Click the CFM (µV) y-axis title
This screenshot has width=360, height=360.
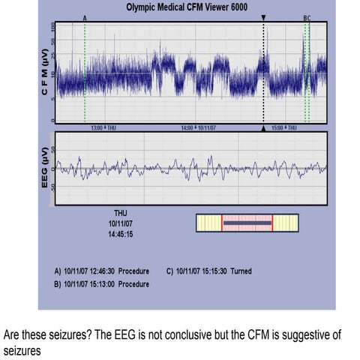(43, 73)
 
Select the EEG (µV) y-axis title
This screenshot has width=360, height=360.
(43, 169)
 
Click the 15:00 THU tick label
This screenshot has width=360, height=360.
(286, 128)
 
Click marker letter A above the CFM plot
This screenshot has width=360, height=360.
(85, 16)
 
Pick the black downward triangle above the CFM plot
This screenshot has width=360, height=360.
(263, 16)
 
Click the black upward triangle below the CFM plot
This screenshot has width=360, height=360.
(263, 128)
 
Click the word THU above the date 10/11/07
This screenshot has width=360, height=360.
(121, 214)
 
